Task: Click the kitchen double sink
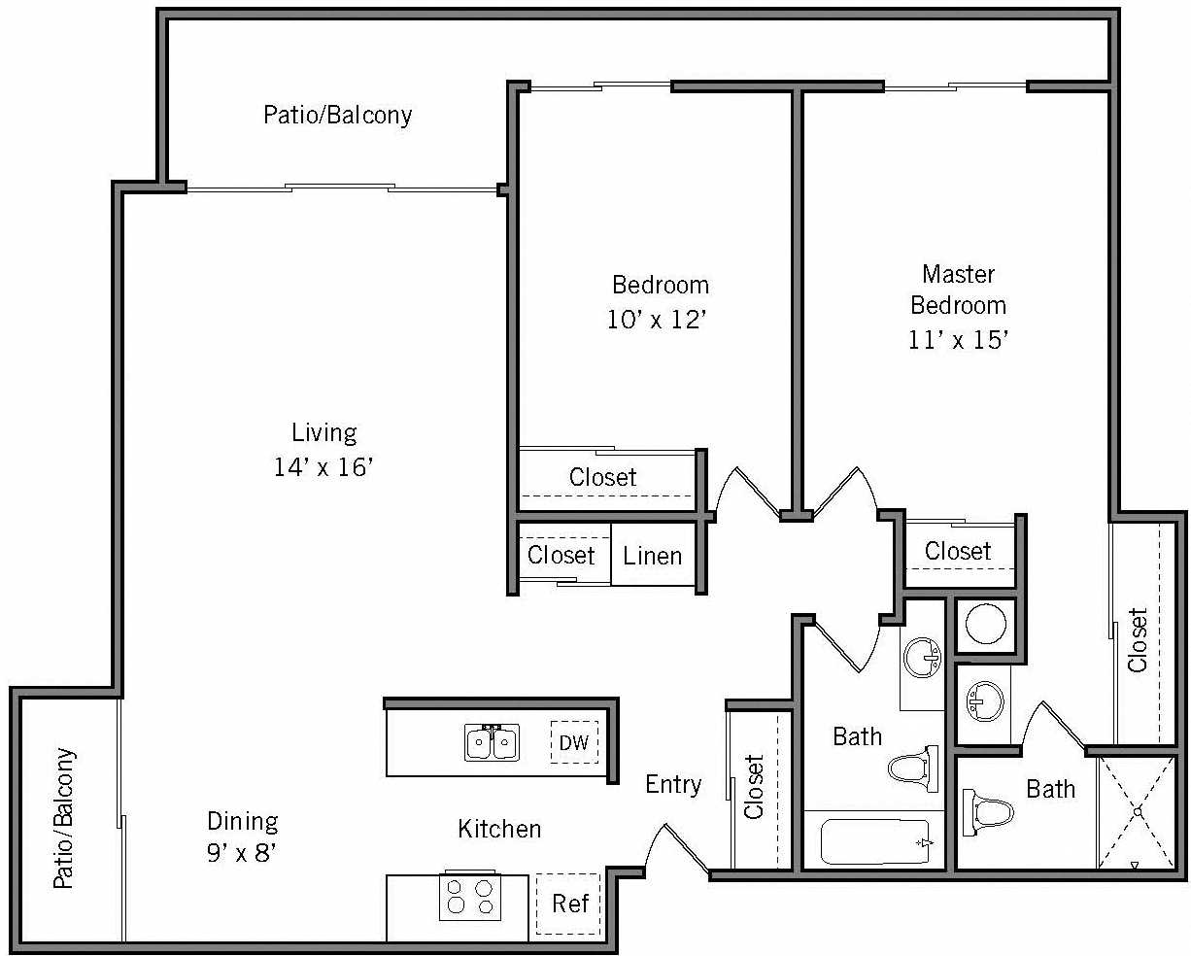(492, 743)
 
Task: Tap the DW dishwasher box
(574, 743)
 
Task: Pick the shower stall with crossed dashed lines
(1135, 812)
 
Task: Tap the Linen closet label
(653, 557)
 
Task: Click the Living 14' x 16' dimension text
(324, 467)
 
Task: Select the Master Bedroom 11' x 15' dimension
(958, 339)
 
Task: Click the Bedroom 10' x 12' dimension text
(656, 320)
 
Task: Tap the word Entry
(673, 784)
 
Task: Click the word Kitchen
(499, 829)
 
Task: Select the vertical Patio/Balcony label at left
(64, 818)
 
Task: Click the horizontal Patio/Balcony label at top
(338, 116)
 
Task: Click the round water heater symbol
(986, 626)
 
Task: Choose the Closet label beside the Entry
(756, 787)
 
